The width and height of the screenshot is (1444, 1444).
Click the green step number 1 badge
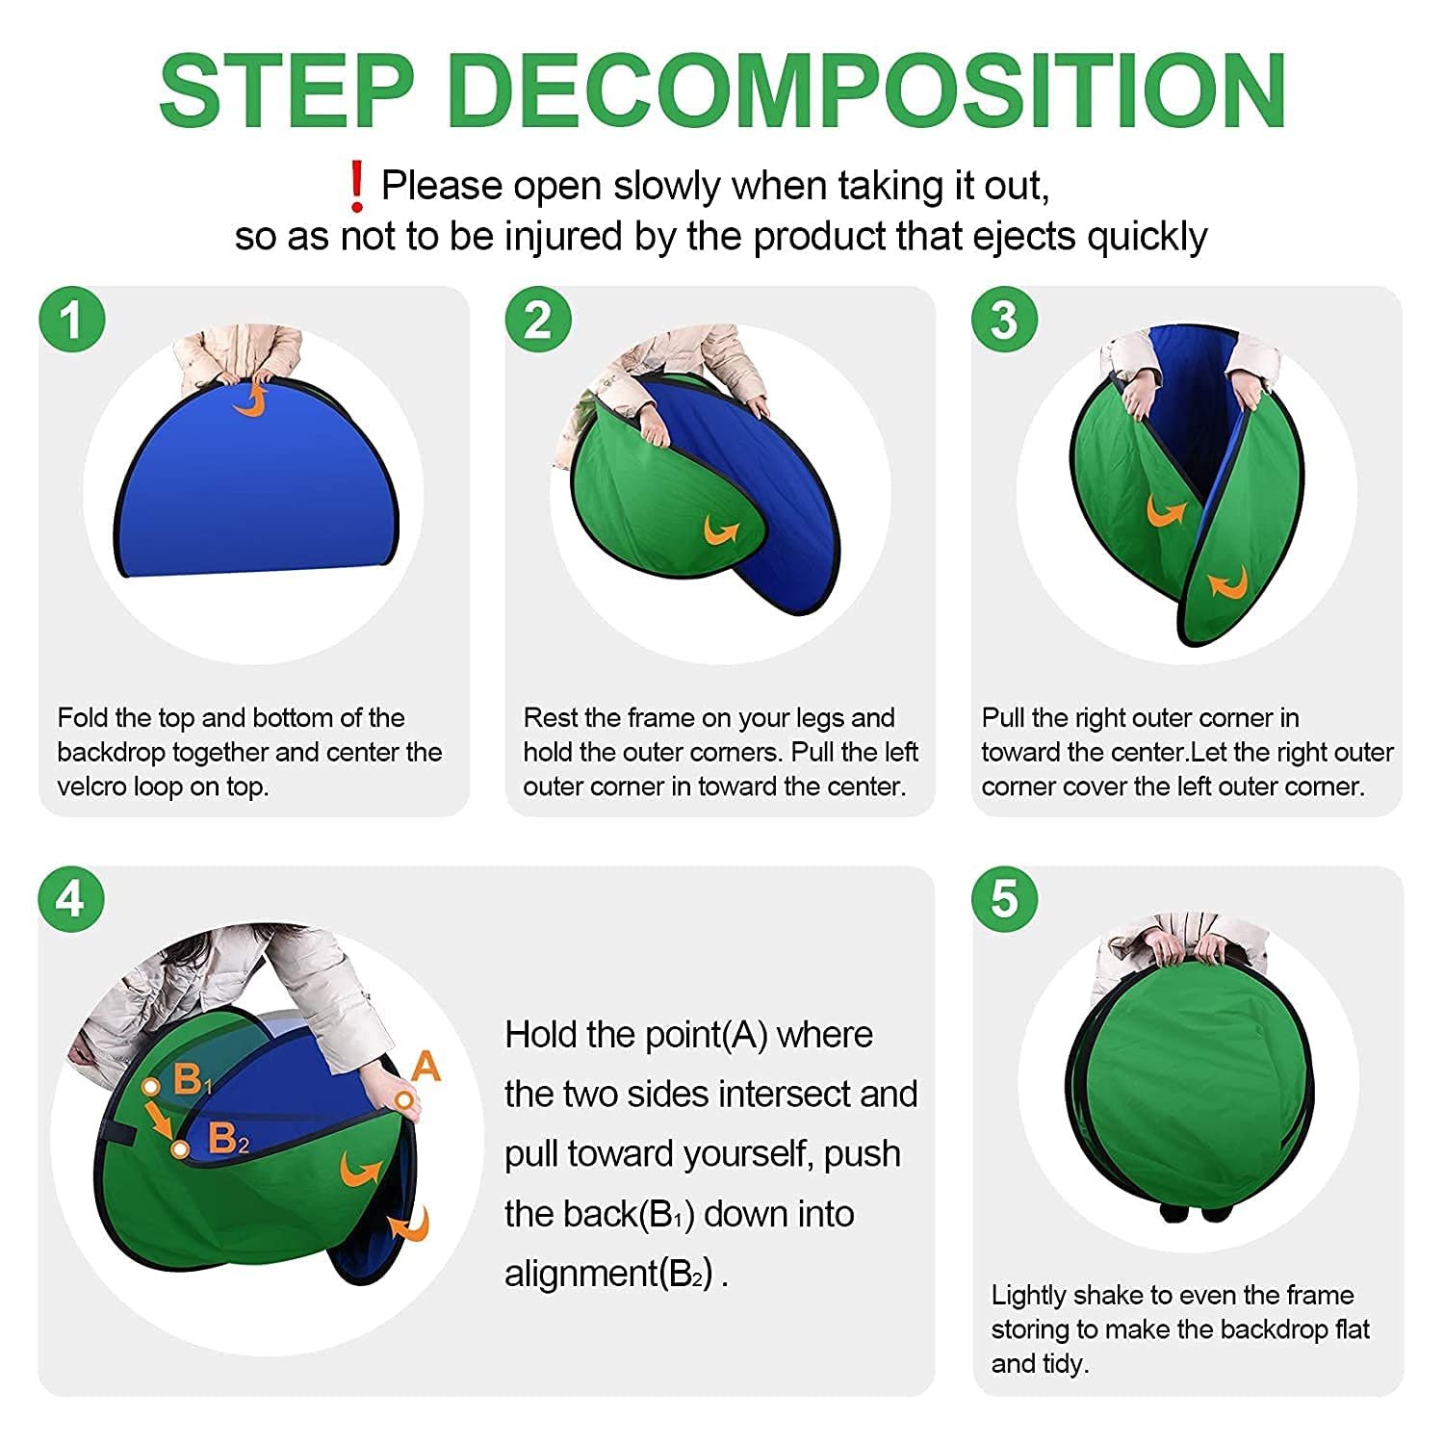point(72,320)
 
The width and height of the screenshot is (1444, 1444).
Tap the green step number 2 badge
point(538,320)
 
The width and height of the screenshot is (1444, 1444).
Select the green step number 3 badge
point(1004,320)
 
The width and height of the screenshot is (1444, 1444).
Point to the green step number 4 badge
point(71,899)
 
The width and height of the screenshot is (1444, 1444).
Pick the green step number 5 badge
point(1004,899)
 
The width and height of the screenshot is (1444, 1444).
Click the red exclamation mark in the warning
point(357,187)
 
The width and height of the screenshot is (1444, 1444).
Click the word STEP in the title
point(287,90)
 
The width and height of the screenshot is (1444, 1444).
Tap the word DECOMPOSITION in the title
point(867,90)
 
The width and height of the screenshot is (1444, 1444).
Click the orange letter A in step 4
point(425,1067)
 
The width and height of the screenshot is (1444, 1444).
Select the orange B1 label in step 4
point(193,1081)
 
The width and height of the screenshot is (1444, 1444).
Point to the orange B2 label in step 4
point(228,1139)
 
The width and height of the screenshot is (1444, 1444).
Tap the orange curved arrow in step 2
point(721,529)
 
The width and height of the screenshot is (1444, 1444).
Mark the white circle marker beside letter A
point(404,1099)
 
